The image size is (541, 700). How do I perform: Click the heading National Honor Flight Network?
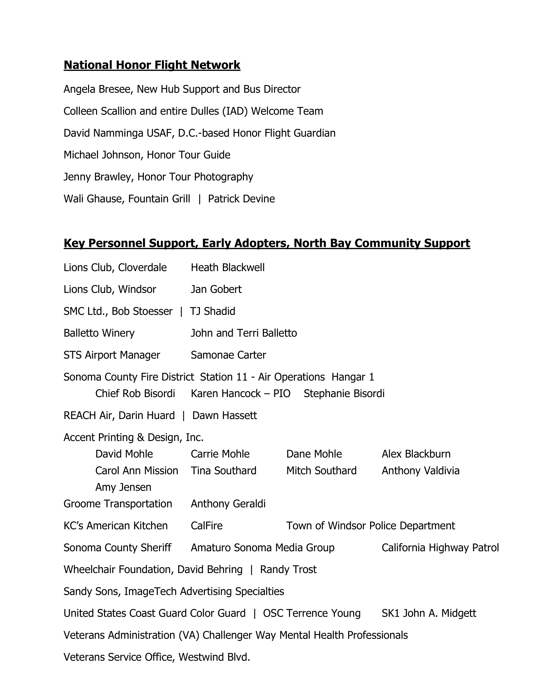point(152,65)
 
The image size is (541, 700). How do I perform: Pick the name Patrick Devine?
point(241,199)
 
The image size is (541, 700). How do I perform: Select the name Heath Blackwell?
point(228,268)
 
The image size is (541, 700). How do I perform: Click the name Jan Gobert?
point(216,290)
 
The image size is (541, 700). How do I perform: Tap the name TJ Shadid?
point(213,311)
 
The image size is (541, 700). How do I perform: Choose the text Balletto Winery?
point(99,333)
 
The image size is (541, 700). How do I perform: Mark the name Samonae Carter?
point(228,355)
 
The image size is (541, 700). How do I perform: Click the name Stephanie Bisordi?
point(344,394)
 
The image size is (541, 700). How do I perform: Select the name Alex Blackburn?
point(416,454)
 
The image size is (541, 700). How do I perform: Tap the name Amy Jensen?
point(123,487)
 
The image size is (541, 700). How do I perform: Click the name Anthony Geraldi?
point(228,504)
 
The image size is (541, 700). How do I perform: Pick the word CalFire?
point(207,526)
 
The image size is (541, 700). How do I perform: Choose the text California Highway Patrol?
point(440,548)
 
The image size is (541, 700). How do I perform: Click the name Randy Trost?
point(288,570)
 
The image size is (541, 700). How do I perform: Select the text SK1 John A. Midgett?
point(429,613)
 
